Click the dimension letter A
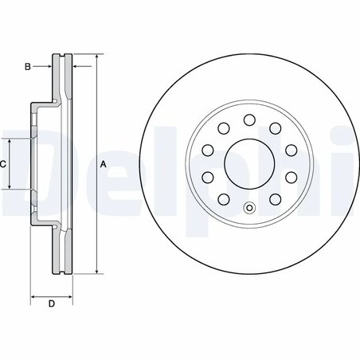click(x=104, y=165)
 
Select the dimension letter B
click(x=27, y=66)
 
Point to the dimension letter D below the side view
click(x=51, y=303)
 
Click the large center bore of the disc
click(x=248, y=164)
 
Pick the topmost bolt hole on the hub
click(x=248, y=119)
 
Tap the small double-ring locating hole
click(x=248, y=210)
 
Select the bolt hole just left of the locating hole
click(x=223, y=200)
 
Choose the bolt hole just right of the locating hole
click(x=275, y=200)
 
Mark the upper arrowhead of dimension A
click(x=97, y=58)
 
